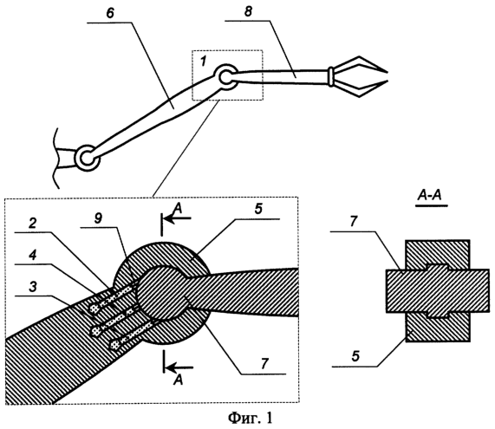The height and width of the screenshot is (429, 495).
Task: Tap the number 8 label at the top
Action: pos(248,13)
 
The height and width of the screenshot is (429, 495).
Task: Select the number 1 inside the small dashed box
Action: pos(203,61)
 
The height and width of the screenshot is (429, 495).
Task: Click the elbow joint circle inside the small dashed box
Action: pos(226,77)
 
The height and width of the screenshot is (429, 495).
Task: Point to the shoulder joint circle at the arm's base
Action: pos(87,158)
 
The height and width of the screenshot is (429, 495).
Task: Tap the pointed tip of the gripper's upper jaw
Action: pos(387,70)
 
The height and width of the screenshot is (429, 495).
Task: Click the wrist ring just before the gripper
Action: pos(331,76)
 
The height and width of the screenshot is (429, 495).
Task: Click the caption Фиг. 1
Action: pos(250,418)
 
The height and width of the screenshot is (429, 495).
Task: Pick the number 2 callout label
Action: pos(33,224)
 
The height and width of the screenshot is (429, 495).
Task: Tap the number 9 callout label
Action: pos(99,219)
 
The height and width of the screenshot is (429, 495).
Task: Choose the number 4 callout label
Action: pos(33,256)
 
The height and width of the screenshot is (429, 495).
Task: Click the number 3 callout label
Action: pos(33,287)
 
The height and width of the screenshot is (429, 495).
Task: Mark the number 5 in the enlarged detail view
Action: pos(259,210)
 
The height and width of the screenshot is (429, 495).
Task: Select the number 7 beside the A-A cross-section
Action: pos(353,221)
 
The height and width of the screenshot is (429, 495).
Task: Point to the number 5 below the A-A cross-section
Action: pos(355,356)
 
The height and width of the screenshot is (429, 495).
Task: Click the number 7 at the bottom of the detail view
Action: pos(264,364)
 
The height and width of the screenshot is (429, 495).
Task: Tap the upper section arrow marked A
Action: pos(176,218)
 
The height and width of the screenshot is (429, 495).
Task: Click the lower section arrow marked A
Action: pos(178,367)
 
